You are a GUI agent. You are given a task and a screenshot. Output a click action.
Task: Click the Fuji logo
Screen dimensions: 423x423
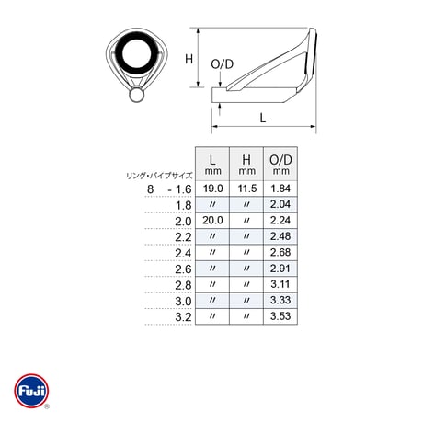[x=31, y=391]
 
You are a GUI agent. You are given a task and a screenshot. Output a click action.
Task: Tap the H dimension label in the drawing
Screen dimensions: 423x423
[x=189, y=59]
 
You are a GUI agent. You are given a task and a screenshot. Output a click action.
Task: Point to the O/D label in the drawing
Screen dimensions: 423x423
[x=223, y=64]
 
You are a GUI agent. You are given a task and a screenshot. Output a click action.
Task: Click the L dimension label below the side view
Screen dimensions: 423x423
[x=263, y=118]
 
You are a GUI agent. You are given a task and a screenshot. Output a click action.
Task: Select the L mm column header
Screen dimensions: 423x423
[x=212, y=164]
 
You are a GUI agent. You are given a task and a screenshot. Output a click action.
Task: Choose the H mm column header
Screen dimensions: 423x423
[x=246, y=164]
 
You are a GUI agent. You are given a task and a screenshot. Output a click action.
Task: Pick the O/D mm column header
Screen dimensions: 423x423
[x=280, y=164]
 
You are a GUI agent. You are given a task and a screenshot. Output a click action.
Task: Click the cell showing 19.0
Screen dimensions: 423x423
[x=212, y=189]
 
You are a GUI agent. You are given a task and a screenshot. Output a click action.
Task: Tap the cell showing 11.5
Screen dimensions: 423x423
[x=246, y=189]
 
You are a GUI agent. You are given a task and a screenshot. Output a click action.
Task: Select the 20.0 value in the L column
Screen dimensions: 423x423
[x=212, y=221]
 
